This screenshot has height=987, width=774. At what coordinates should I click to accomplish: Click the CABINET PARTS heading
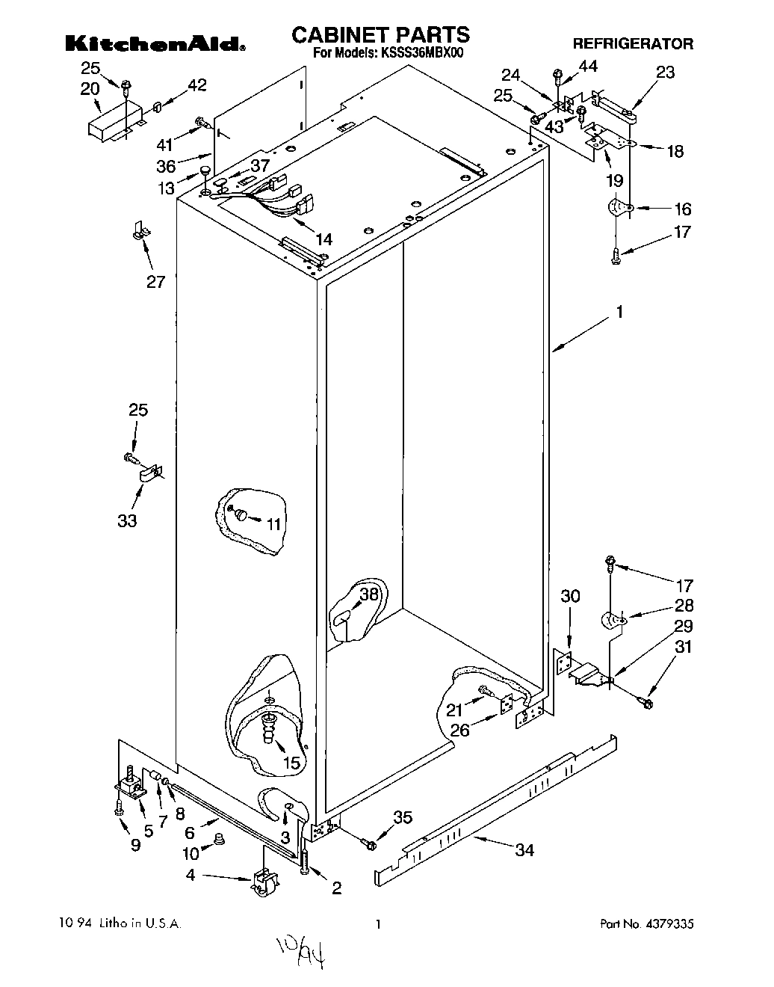click(x=380, y=34)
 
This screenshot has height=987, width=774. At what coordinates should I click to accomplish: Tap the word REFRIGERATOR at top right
click(x=633, y=43)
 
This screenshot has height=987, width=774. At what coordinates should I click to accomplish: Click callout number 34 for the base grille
click(x=524, y=849)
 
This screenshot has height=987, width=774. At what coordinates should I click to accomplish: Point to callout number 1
click(x=619, y=313)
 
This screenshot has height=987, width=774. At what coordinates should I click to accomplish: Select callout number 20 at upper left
click(x=90, y=89)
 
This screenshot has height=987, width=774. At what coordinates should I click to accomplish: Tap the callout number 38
click(x=369, y=594)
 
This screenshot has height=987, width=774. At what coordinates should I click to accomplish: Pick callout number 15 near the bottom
click(x=291, y=763)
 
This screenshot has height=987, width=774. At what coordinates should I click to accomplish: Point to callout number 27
click(x=155, y=283)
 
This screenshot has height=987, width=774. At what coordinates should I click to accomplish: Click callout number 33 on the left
click(x=127, y=520)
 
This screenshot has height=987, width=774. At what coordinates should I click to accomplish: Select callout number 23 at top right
click(x=664, y=73)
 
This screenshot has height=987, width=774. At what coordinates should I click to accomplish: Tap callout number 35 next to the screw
click(x=403, y=817)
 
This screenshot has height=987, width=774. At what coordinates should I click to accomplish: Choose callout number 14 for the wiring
click(x=323, y=240)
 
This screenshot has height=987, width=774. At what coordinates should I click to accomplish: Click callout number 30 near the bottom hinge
click(x=570, y=596)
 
